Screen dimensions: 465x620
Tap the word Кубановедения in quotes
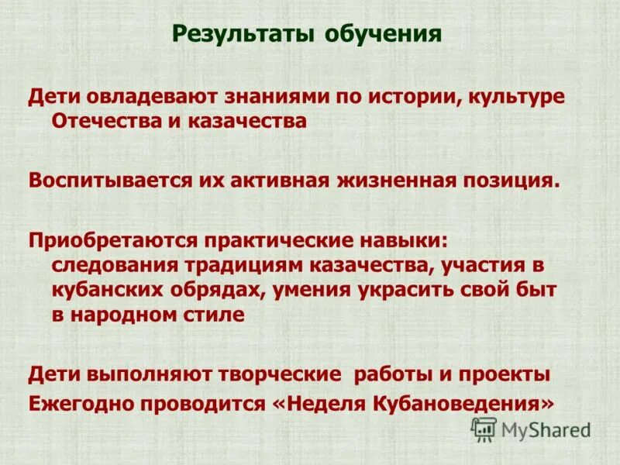(456, 403)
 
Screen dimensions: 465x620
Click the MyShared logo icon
(484, 428)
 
